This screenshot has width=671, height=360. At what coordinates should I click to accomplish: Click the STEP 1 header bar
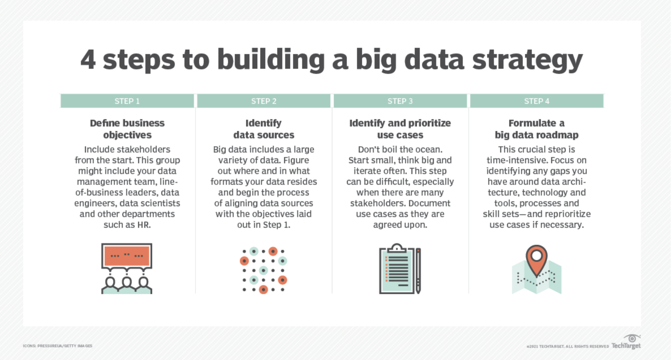coord(127,101)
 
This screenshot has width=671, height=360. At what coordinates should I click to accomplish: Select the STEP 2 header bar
coord(264,101)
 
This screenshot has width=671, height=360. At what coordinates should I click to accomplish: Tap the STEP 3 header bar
coord(400,101)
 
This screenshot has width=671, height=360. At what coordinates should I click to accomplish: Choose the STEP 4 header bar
coord(537,101)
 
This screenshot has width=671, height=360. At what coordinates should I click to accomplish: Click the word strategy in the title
coord(527,60)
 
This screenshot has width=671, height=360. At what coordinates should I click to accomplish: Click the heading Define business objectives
coord(127,129)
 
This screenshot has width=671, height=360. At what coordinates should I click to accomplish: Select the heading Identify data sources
coord(264,129)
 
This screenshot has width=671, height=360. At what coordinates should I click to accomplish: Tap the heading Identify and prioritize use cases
coord(400,129)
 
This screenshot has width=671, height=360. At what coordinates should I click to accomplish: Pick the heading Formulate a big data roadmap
coord(537,129)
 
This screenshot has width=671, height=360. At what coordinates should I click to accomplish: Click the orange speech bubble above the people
coord(127,256)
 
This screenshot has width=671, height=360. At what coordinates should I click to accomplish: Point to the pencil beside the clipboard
coord(418,270)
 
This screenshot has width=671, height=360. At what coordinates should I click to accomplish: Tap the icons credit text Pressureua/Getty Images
coord(58,346)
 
